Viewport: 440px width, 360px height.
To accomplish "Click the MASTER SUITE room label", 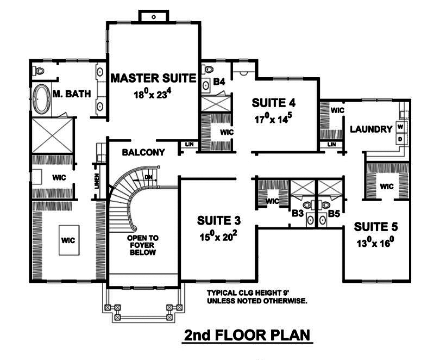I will click(153, 78).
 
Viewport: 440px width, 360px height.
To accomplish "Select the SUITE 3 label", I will click(219, 220).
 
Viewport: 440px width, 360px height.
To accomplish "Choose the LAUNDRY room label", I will click(371, 129).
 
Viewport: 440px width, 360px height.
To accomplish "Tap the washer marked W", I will click(400, 127).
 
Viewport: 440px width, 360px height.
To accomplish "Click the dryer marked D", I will click(400, 139).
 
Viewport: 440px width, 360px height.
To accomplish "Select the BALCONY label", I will click(143, 152).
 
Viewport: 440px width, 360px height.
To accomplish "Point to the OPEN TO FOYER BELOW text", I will click(143, 245).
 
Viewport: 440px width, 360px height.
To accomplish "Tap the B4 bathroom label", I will click(219, 82).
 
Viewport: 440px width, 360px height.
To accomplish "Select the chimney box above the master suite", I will click(154, 16).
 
